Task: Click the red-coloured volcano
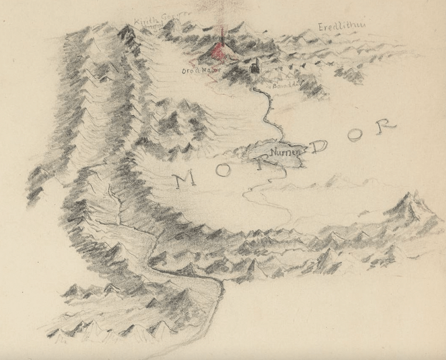[220, 52]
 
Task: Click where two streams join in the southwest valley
[117, 223]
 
